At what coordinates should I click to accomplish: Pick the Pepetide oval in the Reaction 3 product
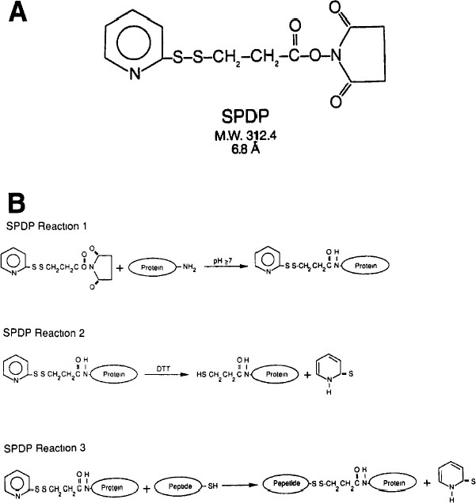(x=291, y=481)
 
